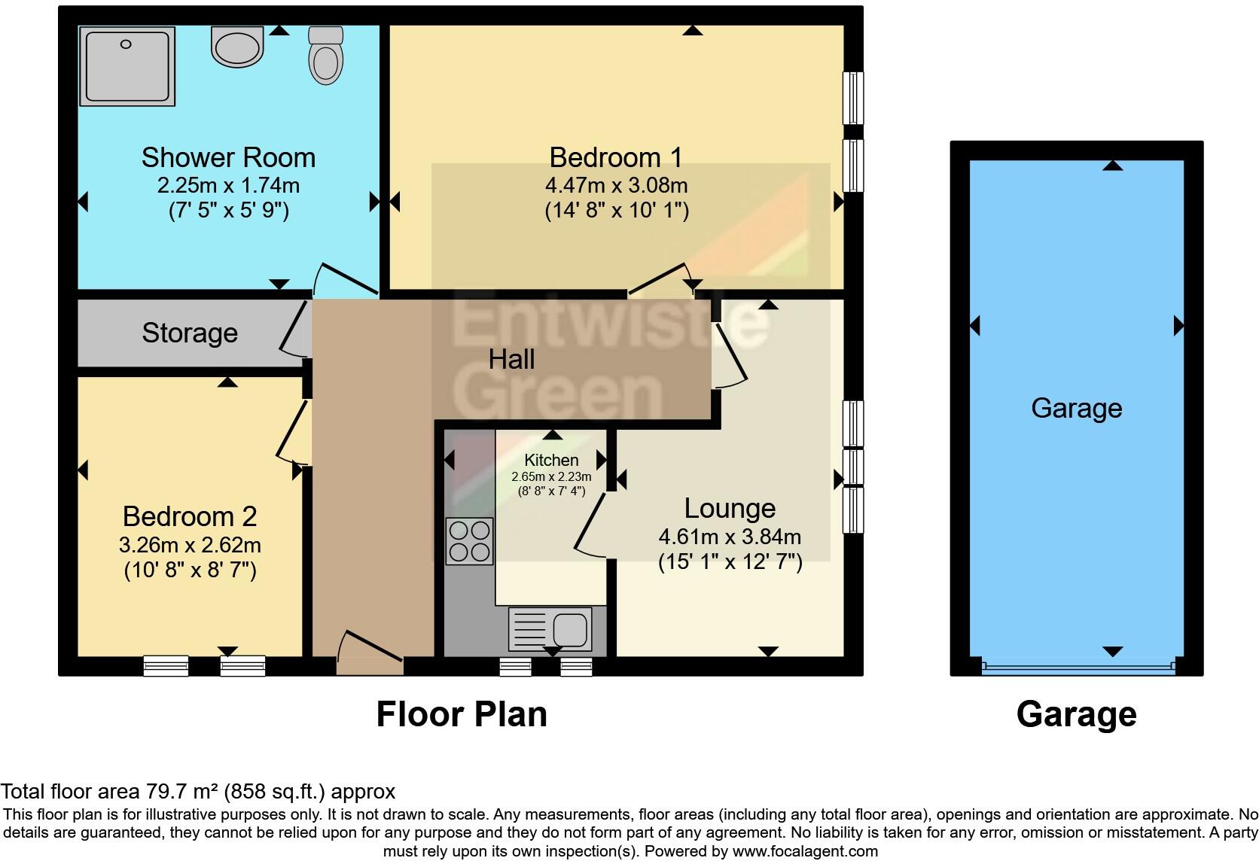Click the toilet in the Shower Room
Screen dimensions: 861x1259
coord(325,56)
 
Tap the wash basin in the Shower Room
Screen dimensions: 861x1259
coord(237,47)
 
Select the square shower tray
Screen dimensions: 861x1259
coord(127,65)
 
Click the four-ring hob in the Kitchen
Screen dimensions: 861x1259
coord(469,541)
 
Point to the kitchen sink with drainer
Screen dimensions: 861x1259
coord(550,628)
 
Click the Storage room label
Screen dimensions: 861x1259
coord(190,333)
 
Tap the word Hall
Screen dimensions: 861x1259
coord(511,359)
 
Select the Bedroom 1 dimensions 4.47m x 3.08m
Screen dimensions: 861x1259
coord(616,185)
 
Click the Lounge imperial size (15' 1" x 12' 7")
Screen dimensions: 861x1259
coord(730,562)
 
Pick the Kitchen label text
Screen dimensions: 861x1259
coord(551,460)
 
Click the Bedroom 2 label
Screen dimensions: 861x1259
coord(190,516)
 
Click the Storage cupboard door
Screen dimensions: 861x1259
coord(295,330)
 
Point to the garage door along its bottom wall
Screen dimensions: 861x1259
coord(1078,667)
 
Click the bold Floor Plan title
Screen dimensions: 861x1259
coord(461,714)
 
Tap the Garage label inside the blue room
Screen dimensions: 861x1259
coord(1076,408)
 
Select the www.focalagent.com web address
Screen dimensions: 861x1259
coord(804,851)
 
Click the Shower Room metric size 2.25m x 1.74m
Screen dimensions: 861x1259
coord(228,185)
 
